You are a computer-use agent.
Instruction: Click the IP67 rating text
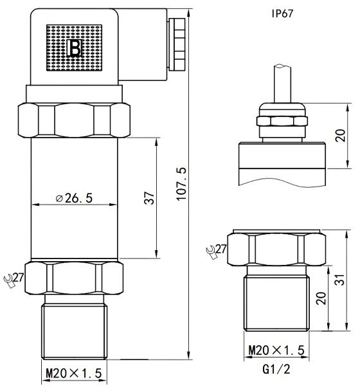285,12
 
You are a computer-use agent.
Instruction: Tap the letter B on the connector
75,48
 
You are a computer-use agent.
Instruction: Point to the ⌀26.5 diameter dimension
74,198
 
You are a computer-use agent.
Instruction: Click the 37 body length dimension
148,199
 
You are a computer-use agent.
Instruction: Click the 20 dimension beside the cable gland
341,134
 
